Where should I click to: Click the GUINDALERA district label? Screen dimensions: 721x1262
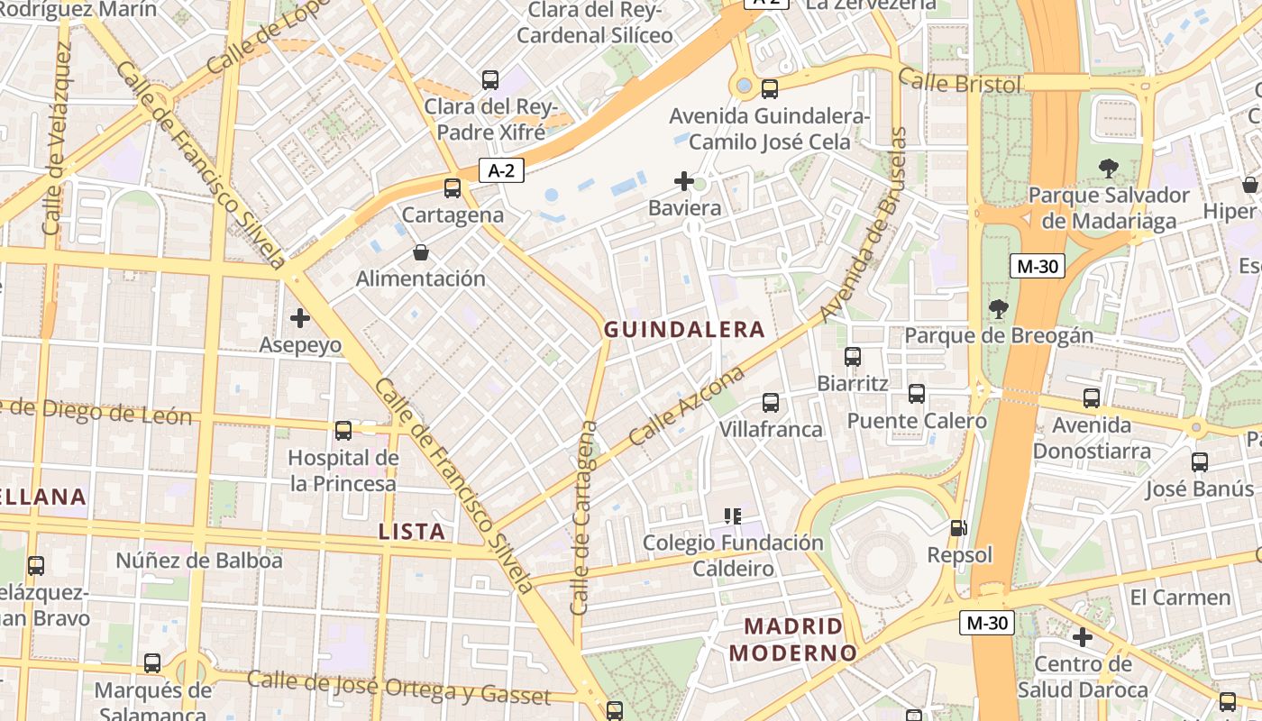[684, 330]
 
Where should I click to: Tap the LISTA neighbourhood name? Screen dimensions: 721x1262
[412, 532]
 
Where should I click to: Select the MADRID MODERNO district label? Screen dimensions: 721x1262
[792, 639]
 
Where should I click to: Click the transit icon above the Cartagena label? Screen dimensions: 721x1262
[453, 188]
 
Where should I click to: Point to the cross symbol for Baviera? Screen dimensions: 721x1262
[684, 181]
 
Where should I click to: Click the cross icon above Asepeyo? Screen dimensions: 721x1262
[300, 318]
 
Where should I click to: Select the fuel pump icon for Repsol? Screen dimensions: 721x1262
[959, 528]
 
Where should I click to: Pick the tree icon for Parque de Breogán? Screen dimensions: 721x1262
[998, 309]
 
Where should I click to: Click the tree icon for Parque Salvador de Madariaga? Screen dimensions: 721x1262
[1108, 168]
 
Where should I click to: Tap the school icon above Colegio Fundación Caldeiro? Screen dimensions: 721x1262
[733, 516]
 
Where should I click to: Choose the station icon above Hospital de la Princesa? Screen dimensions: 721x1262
[343, 431]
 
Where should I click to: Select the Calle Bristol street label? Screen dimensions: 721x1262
[960, 83]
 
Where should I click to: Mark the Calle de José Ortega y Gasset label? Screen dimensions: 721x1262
[398, 688]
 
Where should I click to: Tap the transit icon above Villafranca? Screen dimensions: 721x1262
[771, 403]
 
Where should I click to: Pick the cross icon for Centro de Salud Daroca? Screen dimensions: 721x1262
[1082, 637]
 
